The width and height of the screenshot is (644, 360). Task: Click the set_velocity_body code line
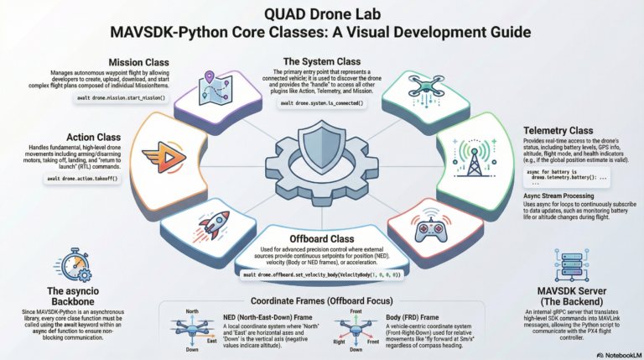(321, 274)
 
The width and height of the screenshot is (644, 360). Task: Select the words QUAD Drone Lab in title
(321, 15)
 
